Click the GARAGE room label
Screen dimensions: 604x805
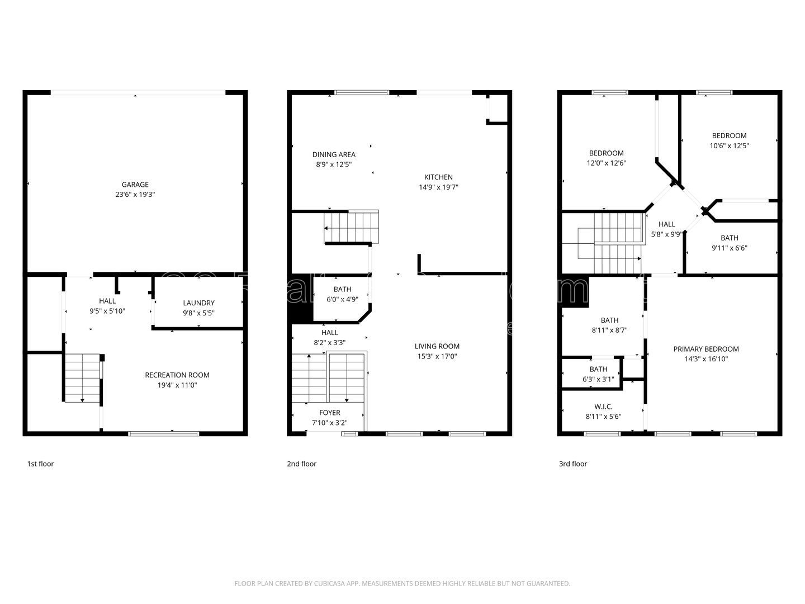click(135, 185)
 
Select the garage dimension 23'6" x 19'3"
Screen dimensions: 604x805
click(135, 195)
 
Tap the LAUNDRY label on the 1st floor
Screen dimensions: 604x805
click(198, 303)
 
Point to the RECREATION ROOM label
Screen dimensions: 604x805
click(177, 375)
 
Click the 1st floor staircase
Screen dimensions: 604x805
click(82, 377)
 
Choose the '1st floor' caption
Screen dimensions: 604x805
click(40, 464)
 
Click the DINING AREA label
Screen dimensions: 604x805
click(334, 154)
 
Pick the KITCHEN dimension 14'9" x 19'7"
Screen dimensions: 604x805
click(438, 187)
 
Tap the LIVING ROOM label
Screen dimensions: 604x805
click(437, 346)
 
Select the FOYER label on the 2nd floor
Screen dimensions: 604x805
click(329, 413)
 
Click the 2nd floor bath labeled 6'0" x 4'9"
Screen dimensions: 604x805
click(342, 294)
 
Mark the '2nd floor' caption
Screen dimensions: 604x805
click(301, 464)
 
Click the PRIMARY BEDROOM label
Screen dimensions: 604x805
click(705, 349)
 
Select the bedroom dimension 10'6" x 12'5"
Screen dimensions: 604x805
click(729, 145)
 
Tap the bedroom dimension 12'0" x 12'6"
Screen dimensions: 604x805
click(606, 163)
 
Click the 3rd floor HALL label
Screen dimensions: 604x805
click(666, 224)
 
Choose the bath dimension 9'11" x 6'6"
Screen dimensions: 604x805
click(729, 248)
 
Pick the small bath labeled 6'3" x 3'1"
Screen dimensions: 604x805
click(598, 374)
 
